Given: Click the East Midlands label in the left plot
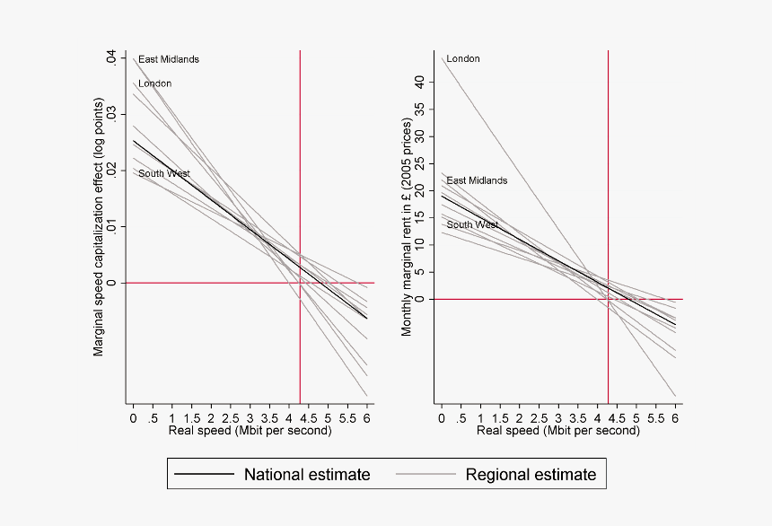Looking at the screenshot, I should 169,59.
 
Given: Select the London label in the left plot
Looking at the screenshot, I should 154,83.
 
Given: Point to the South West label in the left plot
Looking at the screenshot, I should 163,173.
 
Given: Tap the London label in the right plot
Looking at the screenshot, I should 463,59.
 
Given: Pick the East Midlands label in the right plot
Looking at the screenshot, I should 477,180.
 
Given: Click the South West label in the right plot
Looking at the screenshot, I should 472,224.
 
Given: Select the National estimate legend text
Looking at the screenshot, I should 306,475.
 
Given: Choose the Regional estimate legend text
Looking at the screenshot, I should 530,475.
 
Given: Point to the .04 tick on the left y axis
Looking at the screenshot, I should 111,58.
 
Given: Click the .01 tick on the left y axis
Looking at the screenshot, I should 111,226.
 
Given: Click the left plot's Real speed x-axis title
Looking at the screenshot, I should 250,431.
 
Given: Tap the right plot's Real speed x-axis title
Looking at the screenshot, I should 557,431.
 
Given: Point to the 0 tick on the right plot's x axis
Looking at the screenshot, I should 442,417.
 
